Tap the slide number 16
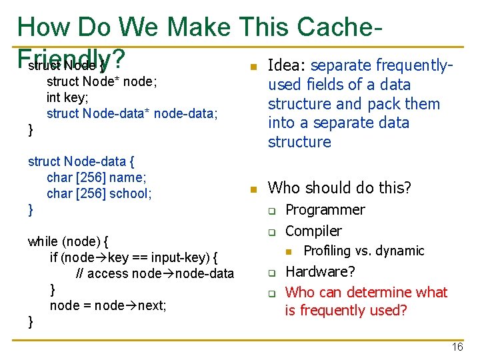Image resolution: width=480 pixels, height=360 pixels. pyautogui.click(x=457, y=347)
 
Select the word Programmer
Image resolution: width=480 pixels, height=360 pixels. pyautogui.click(x=325, y=210)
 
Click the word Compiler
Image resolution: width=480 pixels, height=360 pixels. pyautogui.click(x=313, y=231)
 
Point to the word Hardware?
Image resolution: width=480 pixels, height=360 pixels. pyautogui.click(x=320, y=272)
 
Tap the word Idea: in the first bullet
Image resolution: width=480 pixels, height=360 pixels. pyautogui.click(x=287, y=65)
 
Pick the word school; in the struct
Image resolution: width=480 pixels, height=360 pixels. pyautogui.click(x=133, y=194)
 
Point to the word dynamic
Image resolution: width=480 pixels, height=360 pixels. pyautogui.click(x=401, y=251)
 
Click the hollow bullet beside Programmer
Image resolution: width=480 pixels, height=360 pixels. pyautogui.click(x=272, y=211)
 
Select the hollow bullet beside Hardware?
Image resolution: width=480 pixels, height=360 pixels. pyautogui.click(x=272, y=273)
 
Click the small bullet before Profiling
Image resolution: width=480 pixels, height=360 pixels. pyautogui.click(x=289, y=251)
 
